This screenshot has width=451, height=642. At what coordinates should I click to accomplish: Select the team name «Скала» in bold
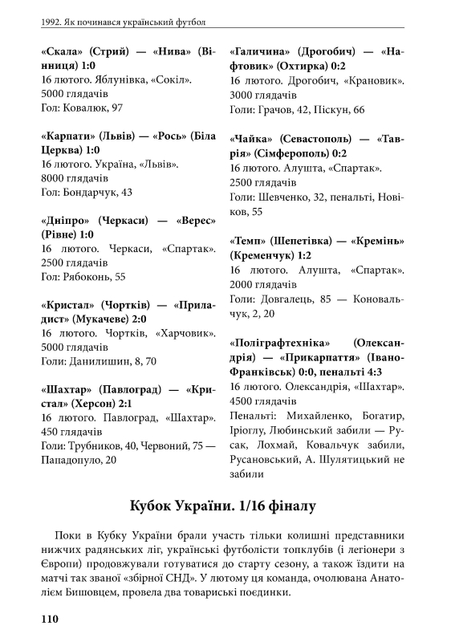[x=63, y=51]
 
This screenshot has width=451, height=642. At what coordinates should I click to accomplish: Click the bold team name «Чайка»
[x=254, y=140]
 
